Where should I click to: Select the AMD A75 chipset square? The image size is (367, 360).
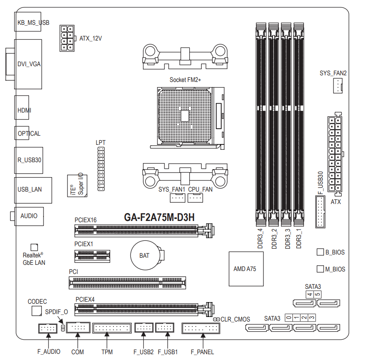[246, 269]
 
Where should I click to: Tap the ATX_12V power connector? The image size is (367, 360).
[68, 38]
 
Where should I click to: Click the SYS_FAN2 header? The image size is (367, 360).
[338, 86]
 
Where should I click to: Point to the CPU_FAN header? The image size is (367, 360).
[195, 198]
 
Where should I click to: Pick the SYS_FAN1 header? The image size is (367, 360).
[177, 198]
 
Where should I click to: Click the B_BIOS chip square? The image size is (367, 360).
[320, 252]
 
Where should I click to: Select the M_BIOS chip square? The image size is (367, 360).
[320, 269]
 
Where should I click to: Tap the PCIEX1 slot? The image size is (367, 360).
[92, 256]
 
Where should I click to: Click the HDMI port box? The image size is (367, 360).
[22, 107]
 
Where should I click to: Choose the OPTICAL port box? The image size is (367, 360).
[22, 133]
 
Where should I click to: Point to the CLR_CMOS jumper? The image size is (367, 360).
[217, 319]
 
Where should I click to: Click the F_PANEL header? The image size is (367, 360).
[201, 328]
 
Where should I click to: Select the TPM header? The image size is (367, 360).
[112, 328]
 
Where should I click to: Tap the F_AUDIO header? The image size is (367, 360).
[48, 329]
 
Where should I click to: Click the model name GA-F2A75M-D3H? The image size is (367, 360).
[159, 217]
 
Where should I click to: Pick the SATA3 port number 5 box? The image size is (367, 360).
[317, 294]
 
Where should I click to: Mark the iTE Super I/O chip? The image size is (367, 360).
[77, 186]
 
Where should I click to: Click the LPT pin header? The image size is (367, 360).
[101, 169]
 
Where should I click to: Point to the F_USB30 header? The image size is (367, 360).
[320, 212]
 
